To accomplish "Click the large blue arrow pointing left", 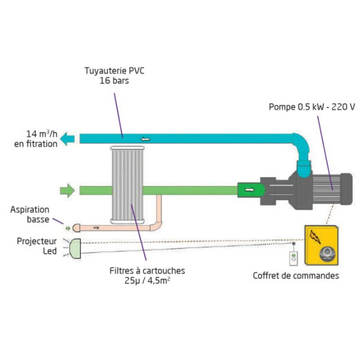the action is pos(67,139).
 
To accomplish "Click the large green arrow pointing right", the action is pos(67,190).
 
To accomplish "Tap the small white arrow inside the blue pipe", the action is pos(145,139).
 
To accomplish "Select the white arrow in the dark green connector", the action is pos(249,190).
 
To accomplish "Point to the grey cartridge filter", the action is pos(127,185).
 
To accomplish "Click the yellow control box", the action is pos(321,245).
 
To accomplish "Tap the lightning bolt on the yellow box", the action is pos(315,237).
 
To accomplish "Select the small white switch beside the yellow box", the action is pos(294,258).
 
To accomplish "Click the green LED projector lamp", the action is pos(75,249).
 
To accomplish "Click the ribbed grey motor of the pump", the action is pos(326,189).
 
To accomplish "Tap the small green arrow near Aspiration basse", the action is pos(68,228).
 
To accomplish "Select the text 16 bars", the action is pos(114,81).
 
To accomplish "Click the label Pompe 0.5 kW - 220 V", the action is pos(312,107).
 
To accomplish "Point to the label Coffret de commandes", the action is pos(296,276).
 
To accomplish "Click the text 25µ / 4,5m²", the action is pos(147,281).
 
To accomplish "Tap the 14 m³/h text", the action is pos(42,134).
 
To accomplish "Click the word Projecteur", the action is pos(37,242).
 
